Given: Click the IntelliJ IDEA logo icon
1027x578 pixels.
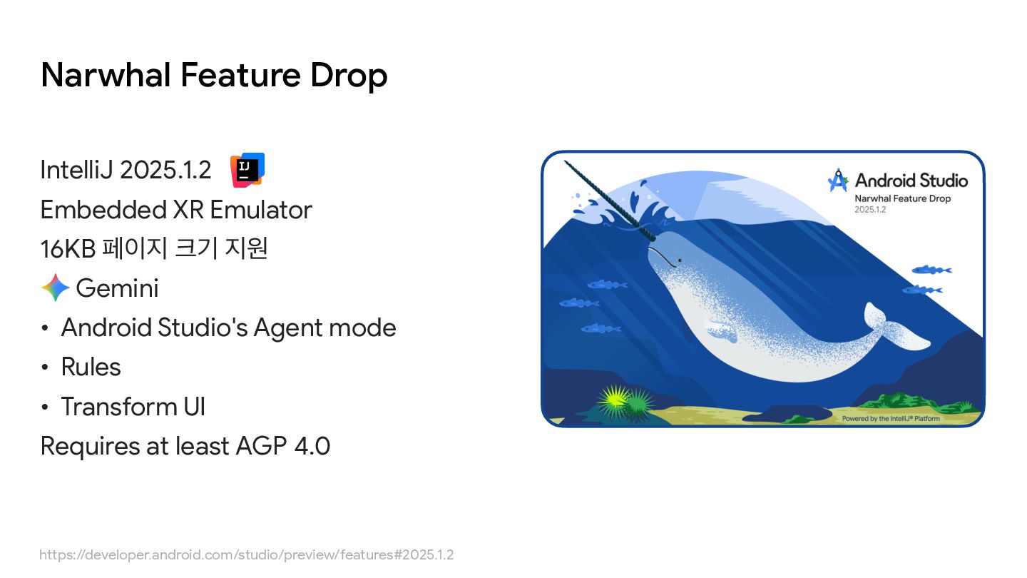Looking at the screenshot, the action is (247, 170).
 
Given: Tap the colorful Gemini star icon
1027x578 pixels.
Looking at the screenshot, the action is (56, 288).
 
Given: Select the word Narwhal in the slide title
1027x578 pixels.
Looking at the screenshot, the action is (106, 75).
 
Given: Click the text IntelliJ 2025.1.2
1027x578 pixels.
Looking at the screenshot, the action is (126, 170).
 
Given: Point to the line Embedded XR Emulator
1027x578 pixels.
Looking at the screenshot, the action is (176, 210).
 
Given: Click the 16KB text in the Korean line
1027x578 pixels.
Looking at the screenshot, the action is (68, 249).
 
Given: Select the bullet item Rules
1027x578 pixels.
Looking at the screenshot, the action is (91, 367).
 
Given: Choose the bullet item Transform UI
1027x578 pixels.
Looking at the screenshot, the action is (133, 407).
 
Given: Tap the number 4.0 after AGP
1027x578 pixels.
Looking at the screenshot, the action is (312, 446).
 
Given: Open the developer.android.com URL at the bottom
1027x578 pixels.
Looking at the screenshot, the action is (246, 554).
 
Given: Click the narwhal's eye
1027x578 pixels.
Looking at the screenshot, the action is (680, 260).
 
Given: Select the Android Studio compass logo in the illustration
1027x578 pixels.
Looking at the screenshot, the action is (838, 181).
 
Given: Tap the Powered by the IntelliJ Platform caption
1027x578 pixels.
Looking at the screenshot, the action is (891, 418).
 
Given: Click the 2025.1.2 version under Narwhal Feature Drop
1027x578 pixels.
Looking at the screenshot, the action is (870, 210).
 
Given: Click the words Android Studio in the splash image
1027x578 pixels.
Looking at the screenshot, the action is (911, 181).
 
